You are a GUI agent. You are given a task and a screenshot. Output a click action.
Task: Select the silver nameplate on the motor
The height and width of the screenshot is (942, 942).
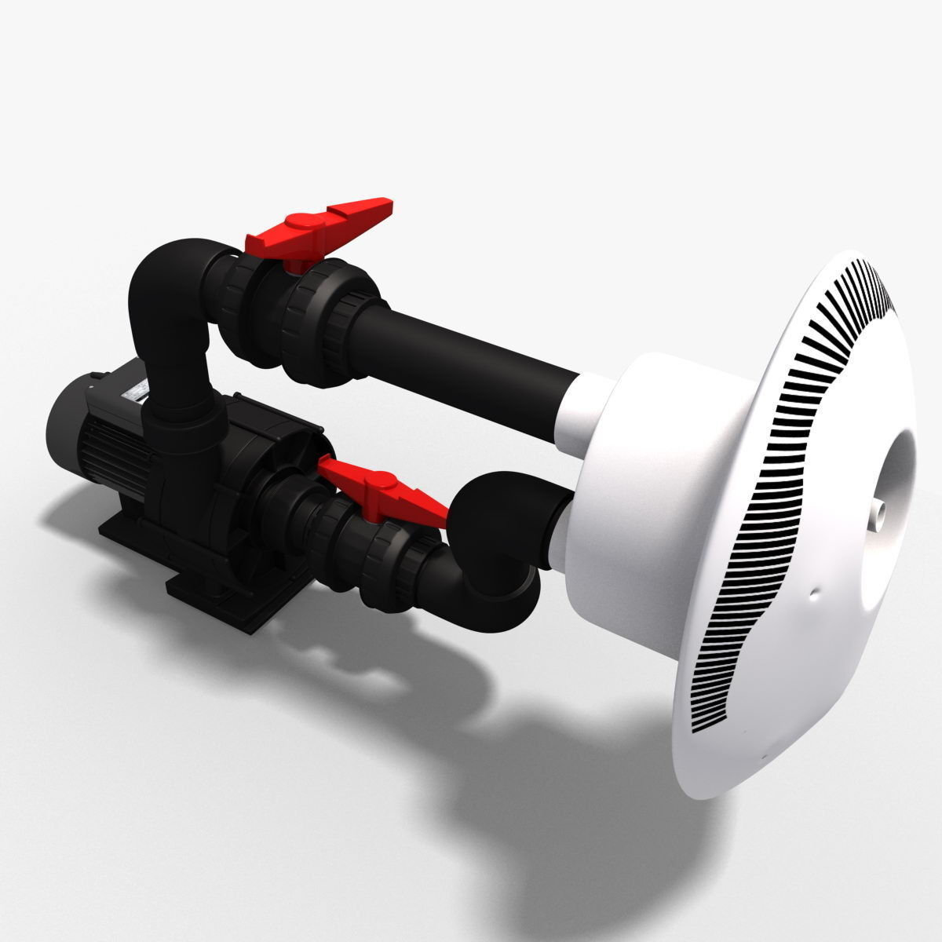tap(138, 390)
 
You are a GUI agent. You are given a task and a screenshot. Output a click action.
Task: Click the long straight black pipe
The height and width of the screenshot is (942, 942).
tap(471, 345)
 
